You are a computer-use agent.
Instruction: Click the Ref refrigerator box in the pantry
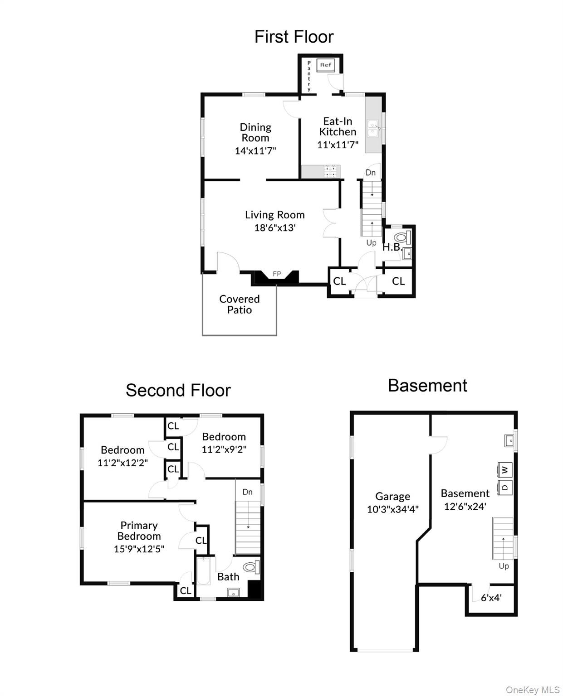[x=325, y=65]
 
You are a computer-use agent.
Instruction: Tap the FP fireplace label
[x=277, y=274]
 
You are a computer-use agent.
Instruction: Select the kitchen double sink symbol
[x=373, y=128]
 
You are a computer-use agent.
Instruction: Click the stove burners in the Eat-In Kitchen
[x=331, y=171]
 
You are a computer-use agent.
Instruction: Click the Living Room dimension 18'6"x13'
[x=275, y=227]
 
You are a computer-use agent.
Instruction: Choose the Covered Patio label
[x=239, y=304]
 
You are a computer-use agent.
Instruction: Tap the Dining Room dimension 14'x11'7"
[x=255, y=151]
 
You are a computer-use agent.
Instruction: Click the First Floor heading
[x=294, y=37]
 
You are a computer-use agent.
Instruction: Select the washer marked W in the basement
[x=505, y=469]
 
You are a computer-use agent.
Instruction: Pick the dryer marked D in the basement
[x=505, y=488]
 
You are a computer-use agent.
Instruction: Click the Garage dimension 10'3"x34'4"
[x=392, y=509]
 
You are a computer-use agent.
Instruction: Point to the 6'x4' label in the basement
[x=491, y=598]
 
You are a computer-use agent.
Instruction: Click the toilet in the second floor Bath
[x=251, y=567]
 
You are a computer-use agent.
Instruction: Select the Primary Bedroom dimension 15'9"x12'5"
[x=139, y=549]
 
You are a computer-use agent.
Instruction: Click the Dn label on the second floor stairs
[x=247, y=492]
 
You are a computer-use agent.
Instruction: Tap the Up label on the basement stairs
[x=504, y=566]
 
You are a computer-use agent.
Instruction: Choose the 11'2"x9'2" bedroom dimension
[x=224, y=449]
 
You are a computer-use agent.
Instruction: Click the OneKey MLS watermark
[x=532, y=690]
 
